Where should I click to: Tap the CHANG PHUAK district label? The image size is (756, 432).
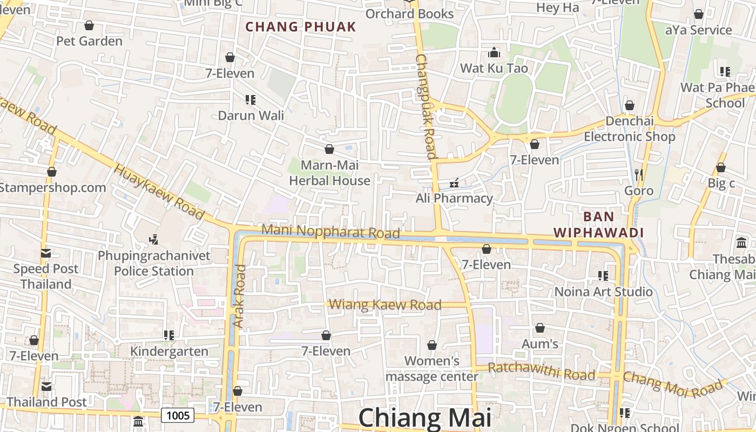pyautogui.click(x=301, y=26)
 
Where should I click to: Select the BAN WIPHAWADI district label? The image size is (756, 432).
pyautogui.click(x=599, y=225)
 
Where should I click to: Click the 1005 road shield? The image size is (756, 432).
pyautogui.click(x=178, y=415)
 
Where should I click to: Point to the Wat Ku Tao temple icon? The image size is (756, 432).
pyautogui.click(x=494, y=53)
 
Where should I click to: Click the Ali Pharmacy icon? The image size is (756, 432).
pyautogui.click(x=454, y=183)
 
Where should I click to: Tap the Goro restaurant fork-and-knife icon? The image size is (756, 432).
pyautogui.click(x=639, y=174)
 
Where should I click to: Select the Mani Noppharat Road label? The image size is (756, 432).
pyautogui.click(x=330, y=231)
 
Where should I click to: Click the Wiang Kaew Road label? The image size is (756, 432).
pyautogui.click(x=385, y=305)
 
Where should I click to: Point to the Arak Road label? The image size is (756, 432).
pyautogui.click(x=239, y=296)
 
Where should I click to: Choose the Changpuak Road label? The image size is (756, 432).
pyautogui.click(x=426, y=106)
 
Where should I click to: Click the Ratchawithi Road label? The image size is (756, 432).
pyautogui.click(x=542, y=372)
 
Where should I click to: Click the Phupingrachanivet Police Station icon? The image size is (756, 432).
pyautogui.click(x=154, y=239)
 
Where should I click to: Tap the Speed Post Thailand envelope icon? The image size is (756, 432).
pyautogui.click(x=45, y=253)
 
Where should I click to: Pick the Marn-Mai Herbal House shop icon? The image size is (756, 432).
pyautogui.click(x=329, y=149)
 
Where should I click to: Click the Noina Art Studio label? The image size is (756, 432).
pyautogui.click(x=604, y=292)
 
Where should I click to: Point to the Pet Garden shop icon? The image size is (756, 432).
pyautogui.click(x=89, y=25)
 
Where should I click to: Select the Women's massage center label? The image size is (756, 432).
pyautogui.click(x=431, y=368)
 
